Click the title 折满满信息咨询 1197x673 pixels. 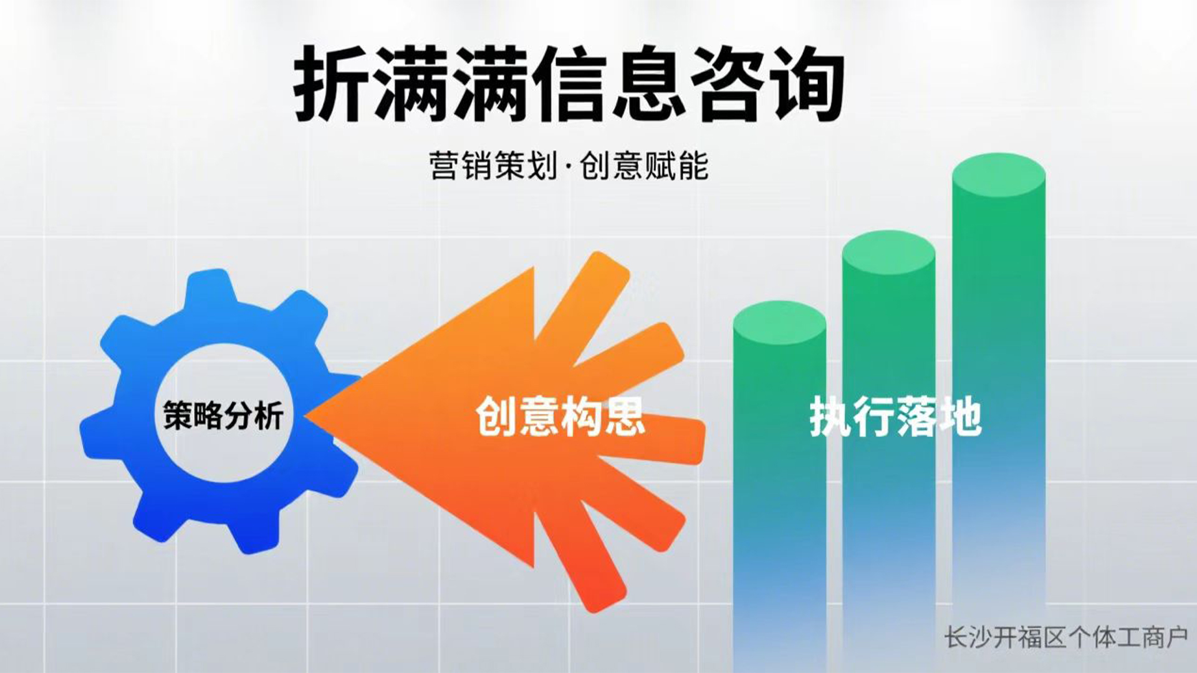(569, 84)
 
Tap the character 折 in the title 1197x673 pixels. (332, 84)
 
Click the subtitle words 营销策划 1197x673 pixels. (493, 166)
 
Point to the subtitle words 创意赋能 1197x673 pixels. (645, 166)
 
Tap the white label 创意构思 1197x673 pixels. (560, 416)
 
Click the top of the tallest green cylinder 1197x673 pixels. (999, 175)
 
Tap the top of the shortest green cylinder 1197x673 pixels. (779, 323)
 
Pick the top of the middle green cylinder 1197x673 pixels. (888, 252)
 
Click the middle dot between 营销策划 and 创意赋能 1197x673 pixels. (568, 168)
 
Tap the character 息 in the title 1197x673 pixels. (648, 84)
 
